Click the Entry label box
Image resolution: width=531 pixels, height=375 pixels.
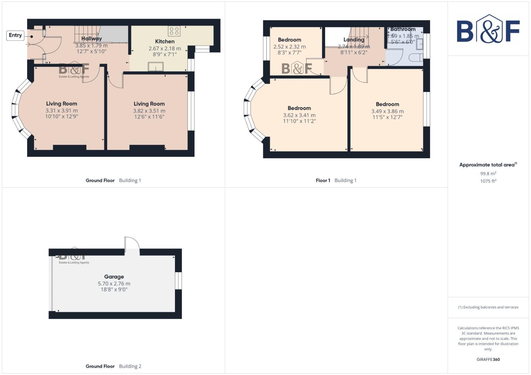(15, 35)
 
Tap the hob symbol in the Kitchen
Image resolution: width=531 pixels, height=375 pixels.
(174, 31)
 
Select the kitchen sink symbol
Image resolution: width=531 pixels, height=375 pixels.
(155, 66)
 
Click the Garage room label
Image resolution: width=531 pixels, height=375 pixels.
(114, 277)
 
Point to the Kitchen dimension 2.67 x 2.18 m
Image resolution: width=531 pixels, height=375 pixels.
(165, 49)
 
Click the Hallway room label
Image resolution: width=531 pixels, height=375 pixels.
(91, 39)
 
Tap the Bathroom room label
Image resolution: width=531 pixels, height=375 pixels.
(403, 30)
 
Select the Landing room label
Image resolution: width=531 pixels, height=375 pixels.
(354, 40)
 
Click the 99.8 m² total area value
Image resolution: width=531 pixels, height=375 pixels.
(488, 174)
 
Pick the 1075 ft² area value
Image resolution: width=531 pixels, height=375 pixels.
(488, 181)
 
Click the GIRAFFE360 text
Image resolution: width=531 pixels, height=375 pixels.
(488, 359)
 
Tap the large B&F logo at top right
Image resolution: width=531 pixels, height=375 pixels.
(488, 30)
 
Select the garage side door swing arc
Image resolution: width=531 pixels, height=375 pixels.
(132, 243)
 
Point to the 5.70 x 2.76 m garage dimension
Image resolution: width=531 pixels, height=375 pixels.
(114, 284)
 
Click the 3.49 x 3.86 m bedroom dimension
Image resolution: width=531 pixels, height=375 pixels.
(387, 111)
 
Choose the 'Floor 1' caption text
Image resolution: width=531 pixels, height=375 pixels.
(323, 181)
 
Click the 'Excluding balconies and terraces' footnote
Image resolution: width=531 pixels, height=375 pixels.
(488, 307)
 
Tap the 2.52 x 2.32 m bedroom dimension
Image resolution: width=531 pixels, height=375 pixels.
(289, 47)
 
